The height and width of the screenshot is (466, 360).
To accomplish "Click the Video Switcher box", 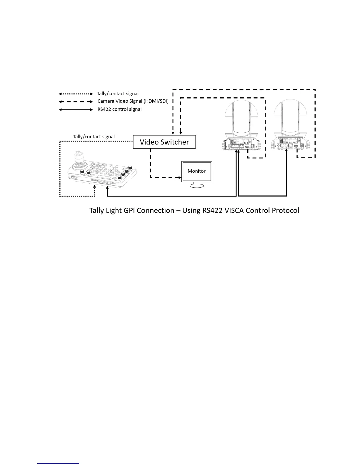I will coord(164,142).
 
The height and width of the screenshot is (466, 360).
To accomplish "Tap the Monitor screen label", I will coord(196,171).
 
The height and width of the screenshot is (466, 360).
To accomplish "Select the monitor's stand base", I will coord(197,186).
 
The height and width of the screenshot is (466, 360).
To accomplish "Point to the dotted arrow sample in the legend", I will coord(76,94).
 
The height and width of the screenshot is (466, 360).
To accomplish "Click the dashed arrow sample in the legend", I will coord(76,101).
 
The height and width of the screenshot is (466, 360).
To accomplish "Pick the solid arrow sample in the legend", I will coord(76,109).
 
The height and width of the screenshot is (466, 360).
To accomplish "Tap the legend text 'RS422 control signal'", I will coord(119,109).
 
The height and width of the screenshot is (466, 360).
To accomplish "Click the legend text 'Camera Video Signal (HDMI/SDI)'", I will coord(133,101).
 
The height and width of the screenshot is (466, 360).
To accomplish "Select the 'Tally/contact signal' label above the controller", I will coord(94,137).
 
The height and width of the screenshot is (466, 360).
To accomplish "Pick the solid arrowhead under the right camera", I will coord(286,151).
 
